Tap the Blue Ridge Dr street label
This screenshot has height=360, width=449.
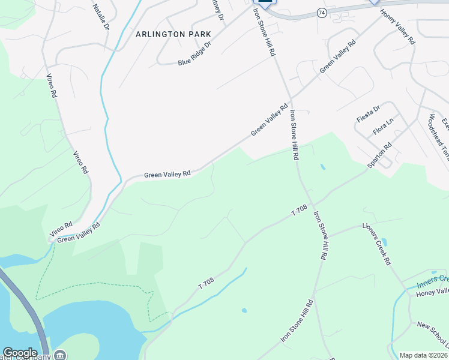click(x=195, y=54)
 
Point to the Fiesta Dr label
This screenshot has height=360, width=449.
click(x=368, y=113)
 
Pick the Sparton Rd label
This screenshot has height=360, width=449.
click(x=379, y=154)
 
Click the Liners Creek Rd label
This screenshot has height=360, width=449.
click(x=376, y=245)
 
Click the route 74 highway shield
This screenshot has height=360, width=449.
click(x=322, y=12)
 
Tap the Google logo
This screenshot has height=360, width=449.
click(x=20, y=353)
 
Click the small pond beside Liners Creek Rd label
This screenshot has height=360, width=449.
click(x=384, y=242)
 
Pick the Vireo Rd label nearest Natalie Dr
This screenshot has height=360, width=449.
click(x=52, y=86)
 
